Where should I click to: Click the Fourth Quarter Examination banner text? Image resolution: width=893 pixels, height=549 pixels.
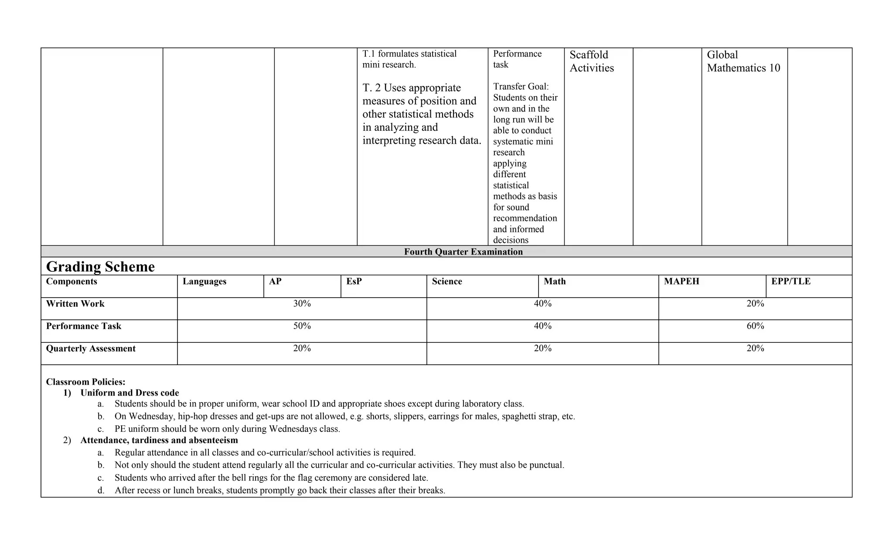pos(463,252)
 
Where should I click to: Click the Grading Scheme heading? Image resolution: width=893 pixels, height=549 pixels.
pos(100,267)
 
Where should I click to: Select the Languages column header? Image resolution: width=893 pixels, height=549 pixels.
pos(204,281)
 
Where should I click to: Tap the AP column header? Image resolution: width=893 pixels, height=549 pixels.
pos(275,281)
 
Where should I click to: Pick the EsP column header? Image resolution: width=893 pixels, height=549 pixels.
pos(354,281)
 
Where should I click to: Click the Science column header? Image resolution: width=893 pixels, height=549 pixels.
pos(447,281)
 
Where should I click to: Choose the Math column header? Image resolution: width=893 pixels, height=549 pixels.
pos(555,281)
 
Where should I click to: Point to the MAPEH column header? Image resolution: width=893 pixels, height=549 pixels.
pos(682,281)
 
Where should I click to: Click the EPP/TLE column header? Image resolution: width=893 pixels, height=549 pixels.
pos(791,281)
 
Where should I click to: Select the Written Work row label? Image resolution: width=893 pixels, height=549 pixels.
pos(75,304)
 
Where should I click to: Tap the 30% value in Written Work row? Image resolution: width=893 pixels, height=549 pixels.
pos(302,304)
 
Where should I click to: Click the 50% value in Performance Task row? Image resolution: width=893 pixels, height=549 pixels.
pos(302,326)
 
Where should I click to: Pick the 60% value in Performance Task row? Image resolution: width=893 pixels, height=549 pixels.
pos(755,326)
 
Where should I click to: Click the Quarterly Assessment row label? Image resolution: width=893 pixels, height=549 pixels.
pos(91,349)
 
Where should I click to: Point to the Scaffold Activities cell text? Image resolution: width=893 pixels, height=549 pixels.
pos(591,61)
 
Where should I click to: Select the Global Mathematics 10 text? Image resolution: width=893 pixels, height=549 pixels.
pos(743,61)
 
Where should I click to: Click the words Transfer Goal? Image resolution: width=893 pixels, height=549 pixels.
pos(521,87)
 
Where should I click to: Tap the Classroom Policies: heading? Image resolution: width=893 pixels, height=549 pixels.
pos(86,382)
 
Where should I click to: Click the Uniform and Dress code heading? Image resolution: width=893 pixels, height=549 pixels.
pos(130,393)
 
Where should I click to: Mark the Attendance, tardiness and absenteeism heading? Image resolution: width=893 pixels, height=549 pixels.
pos(159,440)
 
